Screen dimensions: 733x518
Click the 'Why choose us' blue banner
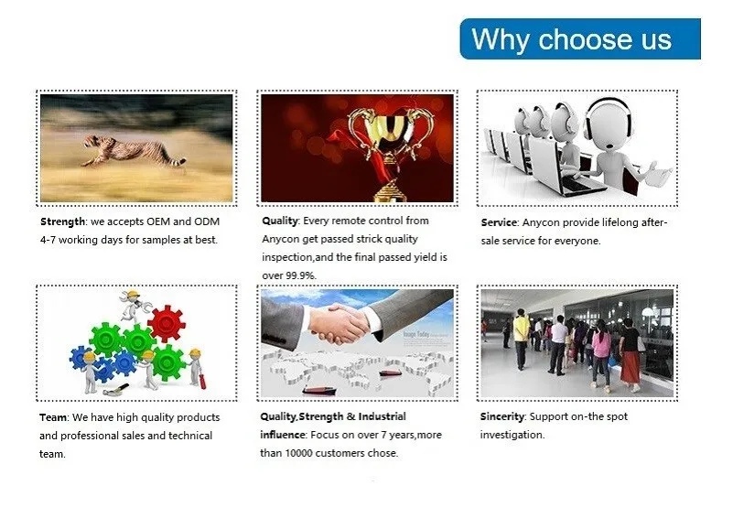pyautogui.click(x=579, y=38)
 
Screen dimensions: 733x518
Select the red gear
pyautogui.click(x=167, y=323)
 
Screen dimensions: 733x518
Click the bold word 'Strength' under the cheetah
pyautogui.click(x=62, y=221)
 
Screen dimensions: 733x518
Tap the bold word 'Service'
pyautogui.click(x=499, y=222)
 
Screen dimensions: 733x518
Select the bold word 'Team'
pyautogui.click(x=53, y=417)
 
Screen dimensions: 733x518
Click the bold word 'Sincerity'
pyautogui.click(x=501, y=416)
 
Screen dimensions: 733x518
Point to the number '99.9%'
pyautogui.click(x=300, y=275)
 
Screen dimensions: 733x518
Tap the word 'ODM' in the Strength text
pyautogui.click(x=207, y=221)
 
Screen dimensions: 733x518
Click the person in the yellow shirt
pyautogui.click(x=522, y=338)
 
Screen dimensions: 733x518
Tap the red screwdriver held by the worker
pyautogui.click(x=202, y=381)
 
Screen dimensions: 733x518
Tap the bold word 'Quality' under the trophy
pyautogui.click(x=279, y=221)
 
